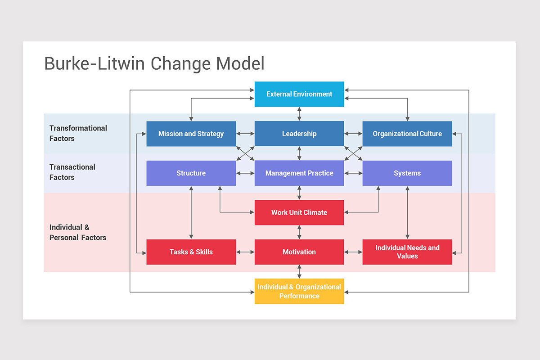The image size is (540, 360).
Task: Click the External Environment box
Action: click(x=299, y=94)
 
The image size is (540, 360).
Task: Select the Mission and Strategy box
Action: click(x=191, y=134)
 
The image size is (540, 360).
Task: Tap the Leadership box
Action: click(x=299, y=134)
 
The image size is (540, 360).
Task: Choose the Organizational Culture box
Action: click(x=407, y=134)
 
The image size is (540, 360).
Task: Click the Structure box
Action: click(x=191, y=173)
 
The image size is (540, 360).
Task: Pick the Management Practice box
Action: click(x=299, y=173)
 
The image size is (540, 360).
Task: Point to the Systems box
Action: click(x=407, y=173)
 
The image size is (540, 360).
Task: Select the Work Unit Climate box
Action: click(x=299, y=212)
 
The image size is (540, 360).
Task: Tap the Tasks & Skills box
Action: click(x=191, y=252)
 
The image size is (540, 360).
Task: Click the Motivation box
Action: click(x=299, y=252)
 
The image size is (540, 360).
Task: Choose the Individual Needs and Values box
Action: click(x=407, y=252)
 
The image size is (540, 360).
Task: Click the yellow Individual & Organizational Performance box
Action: click(x=299, y=291)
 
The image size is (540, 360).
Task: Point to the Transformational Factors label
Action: click(x=78, y=133)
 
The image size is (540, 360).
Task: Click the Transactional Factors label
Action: click(x=72, y=172)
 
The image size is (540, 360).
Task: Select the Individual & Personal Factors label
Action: click(x=77, y=233)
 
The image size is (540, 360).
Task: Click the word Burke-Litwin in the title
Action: click(x=94, y=63)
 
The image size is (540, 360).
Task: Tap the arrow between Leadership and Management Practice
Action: click(x=299, y=153)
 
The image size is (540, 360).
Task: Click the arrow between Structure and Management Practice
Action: click(x=245, y=173)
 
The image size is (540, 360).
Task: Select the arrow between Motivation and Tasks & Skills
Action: click(x=245, y=252)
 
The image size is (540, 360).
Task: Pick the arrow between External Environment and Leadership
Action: click(x=299, y=114)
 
